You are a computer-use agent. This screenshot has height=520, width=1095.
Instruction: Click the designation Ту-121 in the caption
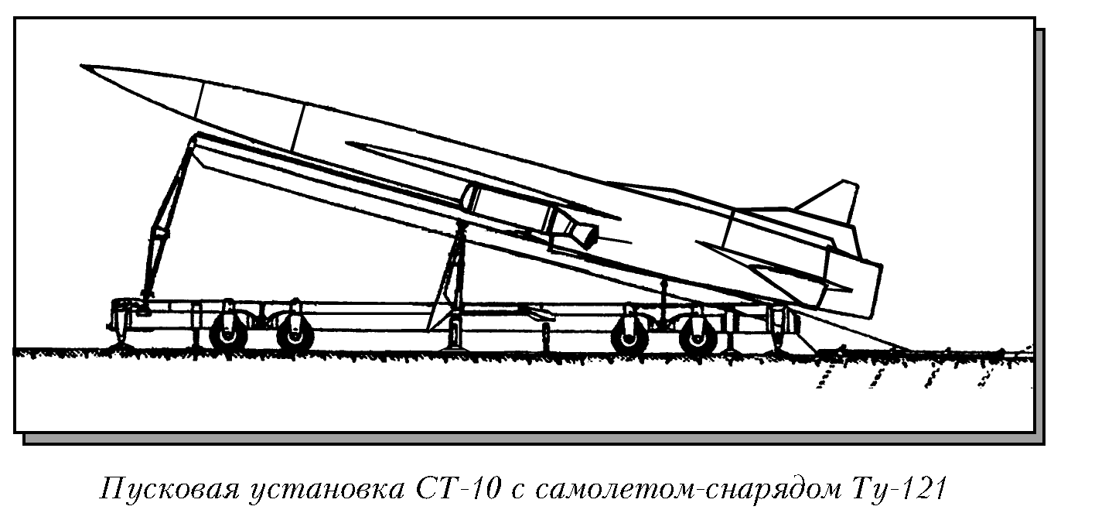pyautogui.click(x=901, y=491)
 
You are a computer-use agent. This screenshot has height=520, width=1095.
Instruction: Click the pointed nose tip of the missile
pyautogui.click(x=84, y=67)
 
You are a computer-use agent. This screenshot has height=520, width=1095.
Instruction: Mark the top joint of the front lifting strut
pyautogui.click(x=193, y=139)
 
